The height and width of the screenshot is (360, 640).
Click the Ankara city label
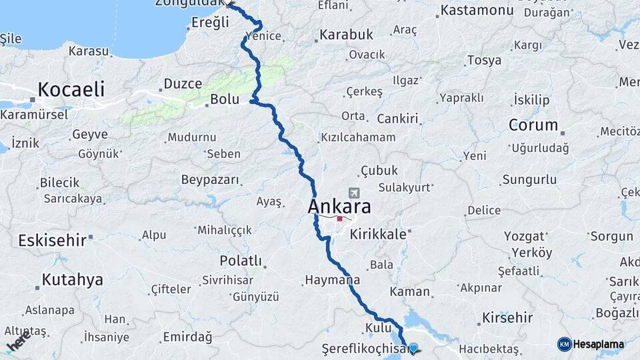tap(339, 207)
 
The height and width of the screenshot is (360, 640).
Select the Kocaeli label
tap(71, 89)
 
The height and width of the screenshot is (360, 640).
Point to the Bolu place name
tap(224, 99)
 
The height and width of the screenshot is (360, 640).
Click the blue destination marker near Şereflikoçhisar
tap(413, 348)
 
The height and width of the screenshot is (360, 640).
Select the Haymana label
tap(331, 280)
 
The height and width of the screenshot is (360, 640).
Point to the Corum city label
tap(533, 125)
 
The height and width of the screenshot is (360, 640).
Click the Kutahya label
tap(72, 280)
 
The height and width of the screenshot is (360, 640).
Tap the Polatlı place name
tap(241, 260)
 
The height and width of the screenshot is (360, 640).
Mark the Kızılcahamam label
tap(358, 137)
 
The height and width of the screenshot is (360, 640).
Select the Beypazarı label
tap(210, 179)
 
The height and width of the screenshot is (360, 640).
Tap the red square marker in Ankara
tap(339, 218)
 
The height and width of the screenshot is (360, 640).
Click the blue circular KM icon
tap(565, 344)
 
